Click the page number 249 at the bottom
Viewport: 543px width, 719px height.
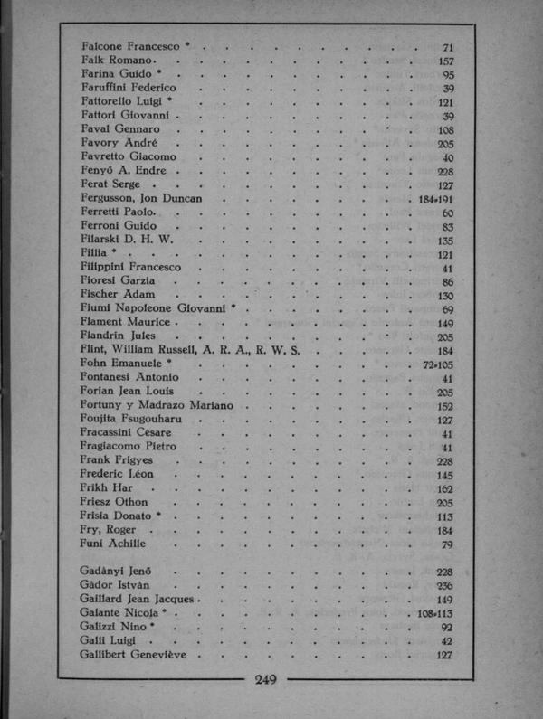click(270, 680)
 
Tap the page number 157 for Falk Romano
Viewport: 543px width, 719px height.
click(445, 61)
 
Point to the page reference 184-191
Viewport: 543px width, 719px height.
click(435, 199)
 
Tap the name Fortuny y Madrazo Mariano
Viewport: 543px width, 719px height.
click(156, 405)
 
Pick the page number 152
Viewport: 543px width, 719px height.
click(445, 406)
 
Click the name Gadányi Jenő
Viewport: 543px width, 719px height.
click(115, 572)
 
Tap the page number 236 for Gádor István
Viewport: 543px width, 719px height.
click(445, 585)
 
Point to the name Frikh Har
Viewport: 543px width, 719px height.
click(105, 488)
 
